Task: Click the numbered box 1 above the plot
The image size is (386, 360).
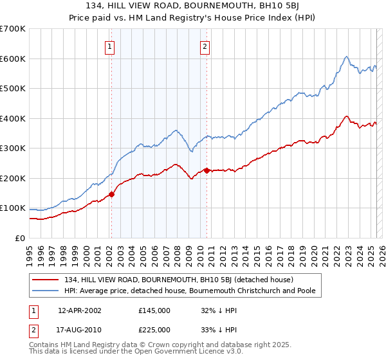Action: (x=110, y=46)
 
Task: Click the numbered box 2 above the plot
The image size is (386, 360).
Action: (x=205, y=46)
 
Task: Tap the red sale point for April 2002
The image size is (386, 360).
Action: (x=111, y=194)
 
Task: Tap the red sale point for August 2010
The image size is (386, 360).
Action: (x=207, y=170)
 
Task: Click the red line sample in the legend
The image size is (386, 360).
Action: (x=46, y=280)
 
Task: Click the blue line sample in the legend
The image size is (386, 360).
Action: (x=46, y=291)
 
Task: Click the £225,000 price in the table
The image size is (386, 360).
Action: (x=154, y=330)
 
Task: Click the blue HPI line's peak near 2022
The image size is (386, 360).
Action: (x=346, y=57)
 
